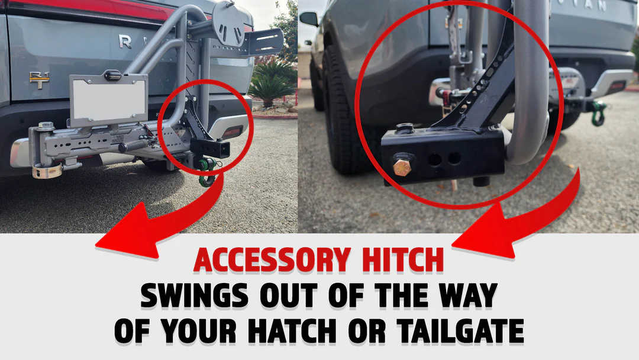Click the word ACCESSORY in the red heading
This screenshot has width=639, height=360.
point(272,260)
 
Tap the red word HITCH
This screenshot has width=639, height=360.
point(403,260)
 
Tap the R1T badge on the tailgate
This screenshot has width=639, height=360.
point(39,80)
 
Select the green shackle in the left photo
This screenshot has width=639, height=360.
point(207,171)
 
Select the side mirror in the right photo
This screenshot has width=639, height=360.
point(309,18)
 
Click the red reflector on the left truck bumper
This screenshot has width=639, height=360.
point(231,132)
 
